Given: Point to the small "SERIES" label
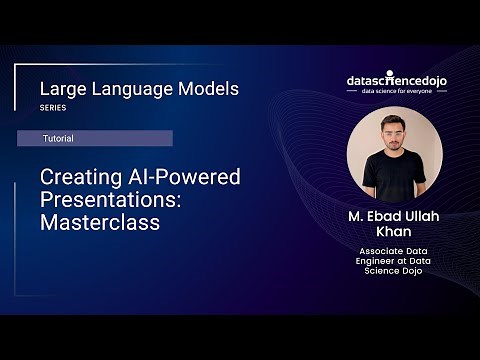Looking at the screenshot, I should click(x=52, y=107).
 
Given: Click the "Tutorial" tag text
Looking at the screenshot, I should click(x=57, y=138).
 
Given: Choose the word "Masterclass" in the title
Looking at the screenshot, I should click(x=100, y=222).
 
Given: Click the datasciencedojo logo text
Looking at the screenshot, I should click(x=394, y=78).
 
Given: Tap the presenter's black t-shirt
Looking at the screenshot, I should click(x=393, y=177).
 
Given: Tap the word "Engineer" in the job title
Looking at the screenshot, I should click(x=379, y=262).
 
